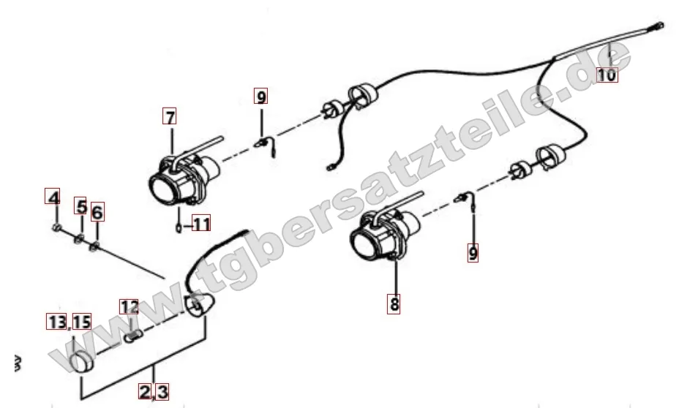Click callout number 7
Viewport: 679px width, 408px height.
click(x=170, y=116)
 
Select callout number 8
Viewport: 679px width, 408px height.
click(x=394, y=303)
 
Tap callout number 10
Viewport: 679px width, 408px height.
click(x=607, y=75)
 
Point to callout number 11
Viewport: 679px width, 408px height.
click(x=201, y=224)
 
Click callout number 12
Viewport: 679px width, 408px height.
click(x=129, y=307)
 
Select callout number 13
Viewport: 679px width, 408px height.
click(x=57, y=322)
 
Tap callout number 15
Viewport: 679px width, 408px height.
click(x=81, y=322)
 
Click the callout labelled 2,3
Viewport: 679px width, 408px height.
click(x=154, y=392)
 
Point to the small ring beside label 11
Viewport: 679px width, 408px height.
click(x=179, y=227)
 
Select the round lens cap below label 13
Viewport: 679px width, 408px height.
click(x=82, y=362)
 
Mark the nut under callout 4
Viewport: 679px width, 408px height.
click(x=56, y=227)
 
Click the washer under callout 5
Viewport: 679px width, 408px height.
click(x=79, y=238)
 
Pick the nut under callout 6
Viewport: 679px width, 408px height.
click(x=94, y=246)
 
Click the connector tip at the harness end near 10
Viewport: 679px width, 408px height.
click(x=659, y=26)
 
